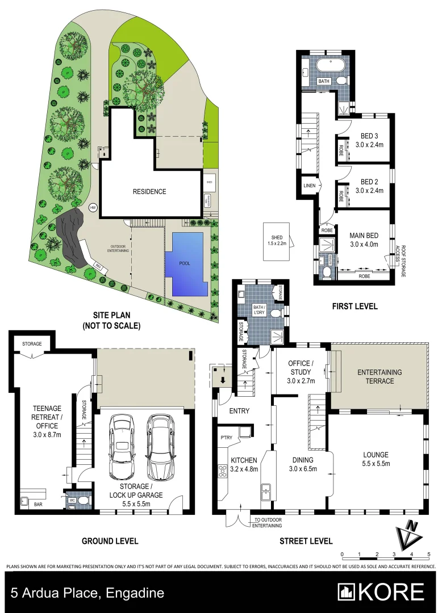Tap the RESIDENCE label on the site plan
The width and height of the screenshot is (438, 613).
click(x=149, y=192)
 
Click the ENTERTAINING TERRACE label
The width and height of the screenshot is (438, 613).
click(x=379, y=376)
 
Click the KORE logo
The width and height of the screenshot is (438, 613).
click(x=381, y=592)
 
